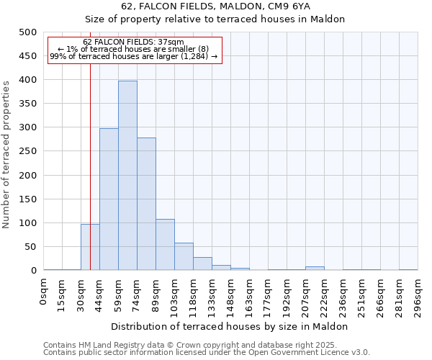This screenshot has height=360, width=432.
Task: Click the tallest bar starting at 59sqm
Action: coord(127,176)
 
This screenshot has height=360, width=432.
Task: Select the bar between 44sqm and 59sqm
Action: coord(109,199)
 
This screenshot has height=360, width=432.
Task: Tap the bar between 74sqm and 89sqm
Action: coord(146,204)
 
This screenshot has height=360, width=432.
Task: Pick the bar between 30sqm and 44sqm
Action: coord(90,247)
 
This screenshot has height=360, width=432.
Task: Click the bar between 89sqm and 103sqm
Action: coord(165,245)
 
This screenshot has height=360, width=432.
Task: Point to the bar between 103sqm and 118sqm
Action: coord(184,256)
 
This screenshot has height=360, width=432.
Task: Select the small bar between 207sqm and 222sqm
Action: coord(315,269)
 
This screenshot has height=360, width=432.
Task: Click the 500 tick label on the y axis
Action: coord(28,32)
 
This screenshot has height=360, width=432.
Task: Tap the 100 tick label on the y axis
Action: coord(28,223)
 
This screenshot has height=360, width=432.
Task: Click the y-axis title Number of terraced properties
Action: coord(6,154)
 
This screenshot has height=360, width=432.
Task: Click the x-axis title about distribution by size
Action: coord(230,326)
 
